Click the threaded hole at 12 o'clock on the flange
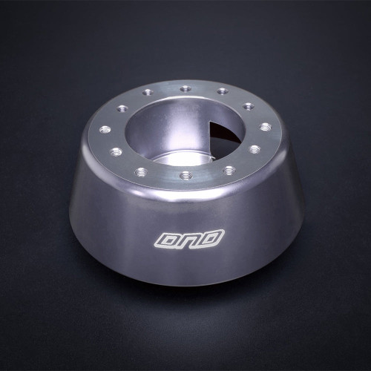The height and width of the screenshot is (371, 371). [185, 88]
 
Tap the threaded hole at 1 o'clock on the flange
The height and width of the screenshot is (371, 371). [223, 92]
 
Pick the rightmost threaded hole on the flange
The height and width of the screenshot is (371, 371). [265, 126]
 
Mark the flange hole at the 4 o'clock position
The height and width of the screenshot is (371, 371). [255, 149]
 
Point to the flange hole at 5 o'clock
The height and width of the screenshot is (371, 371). [229, 169]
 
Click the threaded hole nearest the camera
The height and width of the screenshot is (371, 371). [185, 176]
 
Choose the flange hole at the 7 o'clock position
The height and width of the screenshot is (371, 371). [142, 171]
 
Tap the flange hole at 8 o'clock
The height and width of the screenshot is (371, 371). [116, 151]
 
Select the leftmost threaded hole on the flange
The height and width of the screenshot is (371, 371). [105, 128]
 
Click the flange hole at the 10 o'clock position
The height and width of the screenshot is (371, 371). [122, 107]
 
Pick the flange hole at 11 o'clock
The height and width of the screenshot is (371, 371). [148, 93]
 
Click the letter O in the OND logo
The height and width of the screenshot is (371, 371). [165, 240]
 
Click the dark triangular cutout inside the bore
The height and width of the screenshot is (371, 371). [222, 138]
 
